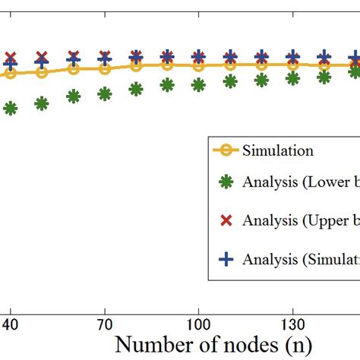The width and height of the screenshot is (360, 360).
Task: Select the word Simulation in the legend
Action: (277, 150)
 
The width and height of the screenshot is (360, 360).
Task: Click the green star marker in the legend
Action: (225, 182)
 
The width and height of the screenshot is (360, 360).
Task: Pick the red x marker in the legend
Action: (225, 220)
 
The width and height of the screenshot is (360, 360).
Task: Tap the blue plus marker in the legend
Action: (225, 259)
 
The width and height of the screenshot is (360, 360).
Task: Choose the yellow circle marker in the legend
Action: (225, 150)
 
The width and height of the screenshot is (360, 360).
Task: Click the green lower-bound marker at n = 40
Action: (11, 109)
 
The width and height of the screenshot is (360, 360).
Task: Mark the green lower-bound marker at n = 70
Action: (105, 93)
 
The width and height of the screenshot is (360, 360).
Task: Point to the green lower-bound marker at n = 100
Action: (198, 84)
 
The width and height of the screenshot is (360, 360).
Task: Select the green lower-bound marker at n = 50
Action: (42, 103)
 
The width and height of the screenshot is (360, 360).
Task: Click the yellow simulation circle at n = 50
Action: (42, 72)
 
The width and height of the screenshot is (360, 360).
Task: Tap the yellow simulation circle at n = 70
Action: (105, 68)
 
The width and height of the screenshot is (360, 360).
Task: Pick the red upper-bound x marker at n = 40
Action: (11, 58)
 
